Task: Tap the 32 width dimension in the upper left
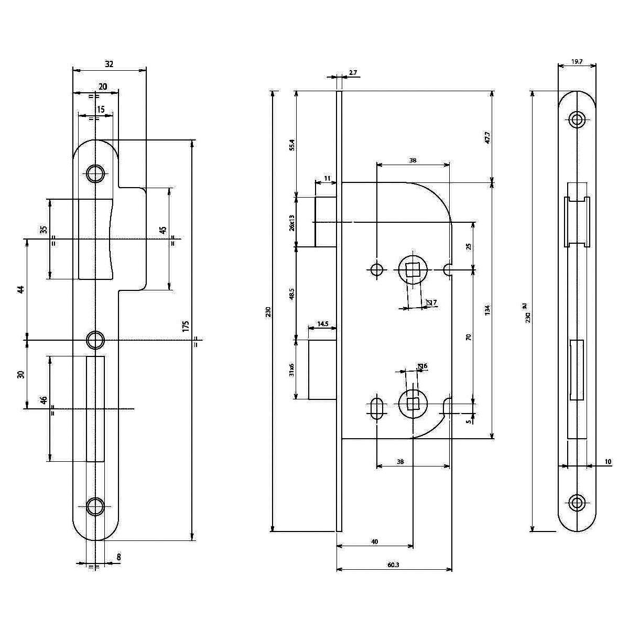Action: click(109, 64)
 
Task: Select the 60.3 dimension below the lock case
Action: click(393, 565)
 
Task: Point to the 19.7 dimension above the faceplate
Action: click(576, 61)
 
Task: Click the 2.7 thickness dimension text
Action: click(352, 73)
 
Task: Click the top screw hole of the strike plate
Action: click(95, 173)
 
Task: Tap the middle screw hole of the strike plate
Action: click(95, 340)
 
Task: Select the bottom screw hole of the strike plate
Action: click(95, 506)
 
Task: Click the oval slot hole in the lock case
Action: click(376, 408)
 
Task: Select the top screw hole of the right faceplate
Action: click(577, 120)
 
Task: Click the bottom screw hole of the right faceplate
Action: click(577, 503)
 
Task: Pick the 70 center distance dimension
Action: click(469, 337)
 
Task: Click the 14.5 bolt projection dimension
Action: click(322, 324)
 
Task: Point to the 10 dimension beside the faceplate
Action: click(608, 461)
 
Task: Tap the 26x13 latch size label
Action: click(292, 222)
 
